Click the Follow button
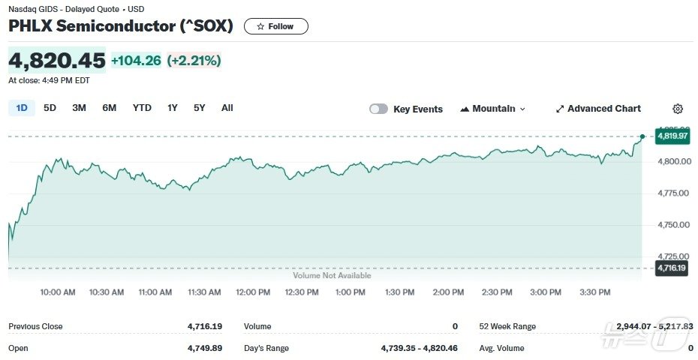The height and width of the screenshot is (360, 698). (275, 26)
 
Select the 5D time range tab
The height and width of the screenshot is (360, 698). (50, 108)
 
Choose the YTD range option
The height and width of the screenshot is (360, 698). (142, 108)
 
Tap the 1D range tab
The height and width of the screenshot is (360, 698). (22, 108)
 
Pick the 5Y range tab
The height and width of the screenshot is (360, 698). (199, 108)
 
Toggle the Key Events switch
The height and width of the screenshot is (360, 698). (378, 109)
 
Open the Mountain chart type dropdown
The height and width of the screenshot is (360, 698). (493, 109)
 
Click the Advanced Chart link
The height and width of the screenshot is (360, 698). (598, 109)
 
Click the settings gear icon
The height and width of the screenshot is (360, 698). (678, 109)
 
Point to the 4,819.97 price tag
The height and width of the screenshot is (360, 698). (672, 136)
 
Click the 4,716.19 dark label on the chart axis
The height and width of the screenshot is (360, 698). (672, 268)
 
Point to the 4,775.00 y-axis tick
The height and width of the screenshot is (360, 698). (674, 193)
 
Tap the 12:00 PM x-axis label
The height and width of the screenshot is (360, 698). (252, 292)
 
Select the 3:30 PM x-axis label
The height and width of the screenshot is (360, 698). (594, 292)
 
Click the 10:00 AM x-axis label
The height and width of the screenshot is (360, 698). (58, 292)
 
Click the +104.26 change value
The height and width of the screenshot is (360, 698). (136, 61)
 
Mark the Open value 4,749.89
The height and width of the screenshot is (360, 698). (204, 348)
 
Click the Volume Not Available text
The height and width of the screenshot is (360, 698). (332, 276)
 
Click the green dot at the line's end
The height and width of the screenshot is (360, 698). (642, 136)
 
